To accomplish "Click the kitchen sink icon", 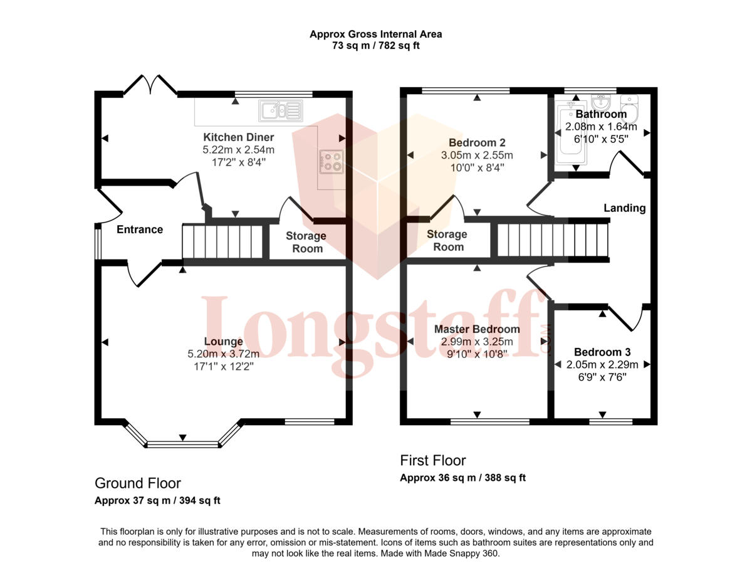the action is point(281,111).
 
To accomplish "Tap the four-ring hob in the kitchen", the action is point(332,162).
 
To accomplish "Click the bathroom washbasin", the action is point(601,102).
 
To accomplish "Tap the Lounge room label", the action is point(223,341).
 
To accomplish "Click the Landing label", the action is point(625,208).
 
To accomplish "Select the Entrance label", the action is point(140,229).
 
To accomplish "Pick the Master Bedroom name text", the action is point(477,329).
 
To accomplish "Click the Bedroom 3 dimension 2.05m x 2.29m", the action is point(602,365).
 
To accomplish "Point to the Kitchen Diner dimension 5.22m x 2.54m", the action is point(239,150).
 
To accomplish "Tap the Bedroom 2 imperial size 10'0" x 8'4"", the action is point(477,168).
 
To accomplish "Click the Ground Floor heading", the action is point(138,483).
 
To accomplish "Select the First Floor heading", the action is point(433,460).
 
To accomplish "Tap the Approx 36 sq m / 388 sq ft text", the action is point(463,478).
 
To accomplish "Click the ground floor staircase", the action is point(222,241).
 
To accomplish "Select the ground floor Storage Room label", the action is point(306,242).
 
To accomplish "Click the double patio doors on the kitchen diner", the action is point(150,84).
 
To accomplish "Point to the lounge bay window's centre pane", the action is point(182,444).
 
